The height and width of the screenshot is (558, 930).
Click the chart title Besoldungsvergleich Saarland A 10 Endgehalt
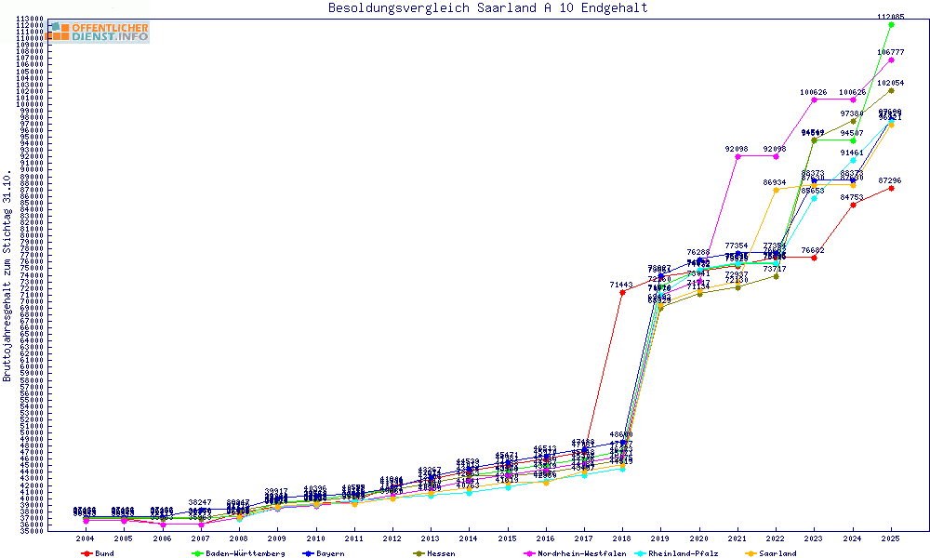[488, 8]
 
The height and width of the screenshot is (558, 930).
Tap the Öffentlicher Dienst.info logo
[98, 32]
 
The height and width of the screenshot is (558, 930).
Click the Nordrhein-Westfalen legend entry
[587, 553]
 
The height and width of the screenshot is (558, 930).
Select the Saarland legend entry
[776, 553]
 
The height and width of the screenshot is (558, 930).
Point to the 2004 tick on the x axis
[85, 538]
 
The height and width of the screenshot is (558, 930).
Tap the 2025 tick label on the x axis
[890, 538]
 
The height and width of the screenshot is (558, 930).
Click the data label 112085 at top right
[891, 17]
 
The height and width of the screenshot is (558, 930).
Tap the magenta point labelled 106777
[891, 60]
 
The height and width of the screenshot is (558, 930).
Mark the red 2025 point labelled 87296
[891, 188]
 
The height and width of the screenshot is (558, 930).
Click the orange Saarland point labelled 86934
[776, 190]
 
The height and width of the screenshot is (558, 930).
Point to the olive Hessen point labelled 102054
[891, 90]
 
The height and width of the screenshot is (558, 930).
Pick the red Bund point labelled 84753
[853, 205]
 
